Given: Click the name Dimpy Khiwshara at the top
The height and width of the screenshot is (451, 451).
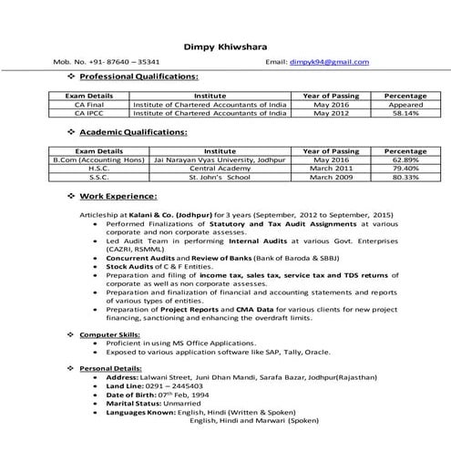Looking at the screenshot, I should [225, 46].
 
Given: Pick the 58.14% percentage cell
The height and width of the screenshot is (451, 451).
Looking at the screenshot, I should [400, 114].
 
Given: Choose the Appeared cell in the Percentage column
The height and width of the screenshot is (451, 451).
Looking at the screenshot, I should [400, 105].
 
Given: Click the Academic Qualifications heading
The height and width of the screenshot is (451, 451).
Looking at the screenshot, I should [132, 134].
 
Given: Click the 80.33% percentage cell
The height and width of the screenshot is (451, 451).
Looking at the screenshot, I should [400, 178].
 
